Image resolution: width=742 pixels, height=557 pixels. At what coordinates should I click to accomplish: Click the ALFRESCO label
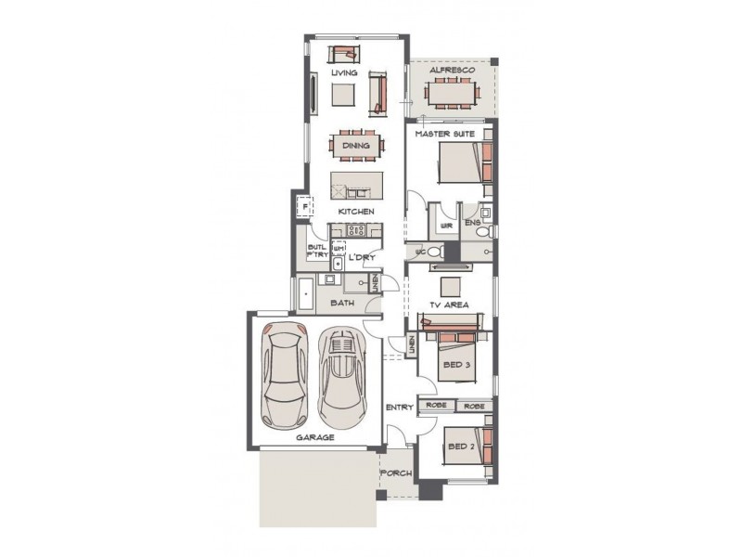click(453, 71)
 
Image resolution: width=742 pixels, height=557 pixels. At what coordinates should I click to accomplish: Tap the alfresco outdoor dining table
click(453, 94)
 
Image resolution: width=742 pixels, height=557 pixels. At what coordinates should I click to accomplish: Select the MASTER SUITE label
click(445, 135)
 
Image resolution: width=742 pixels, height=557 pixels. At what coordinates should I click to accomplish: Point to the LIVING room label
click(344, 72)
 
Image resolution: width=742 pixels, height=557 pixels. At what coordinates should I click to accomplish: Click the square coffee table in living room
click(344, 95)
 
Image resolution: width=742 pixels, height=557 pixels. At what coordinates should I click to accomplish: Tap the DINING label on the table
click(356, 145)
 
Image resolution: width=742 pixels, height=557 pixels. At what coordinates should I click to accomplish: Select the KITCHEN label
click(356, 212)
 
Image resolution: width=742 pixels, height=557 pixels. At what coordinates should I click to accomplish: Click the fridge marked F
click(301, 207)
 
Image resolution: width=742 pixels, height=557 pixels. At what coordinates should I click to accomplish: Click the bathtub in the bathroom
click(306, 294)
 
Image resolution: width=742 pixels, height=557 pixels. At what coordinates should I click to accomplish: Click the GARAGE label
click(315, 436)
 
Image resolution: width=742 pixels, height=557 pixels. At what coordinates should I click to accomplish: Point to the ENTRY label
click(399, 408)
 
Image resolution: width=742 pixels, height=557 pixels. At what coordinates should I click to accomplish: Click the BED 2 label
click(460, 447)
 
